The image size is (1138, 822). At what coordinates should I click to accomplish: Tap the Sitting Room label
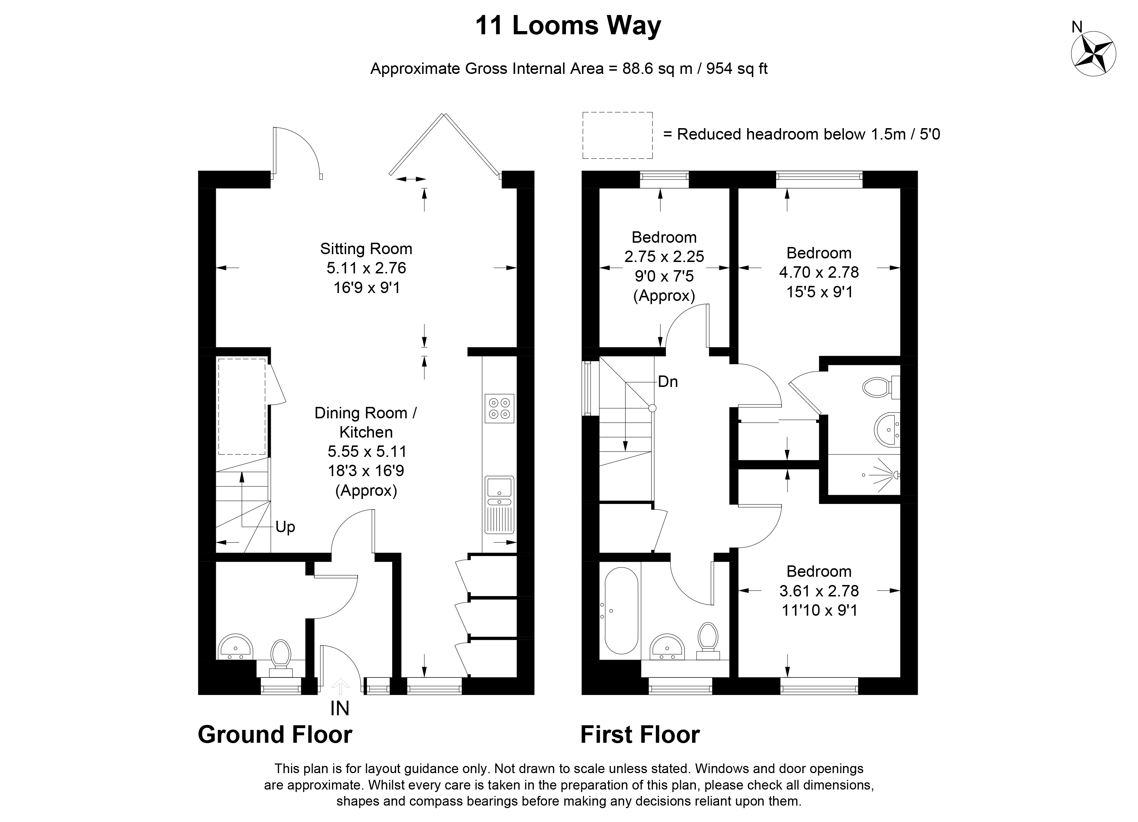(x=366, y=249)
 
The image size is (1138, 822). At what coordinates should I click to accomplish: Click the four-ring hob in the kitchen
(x=499, y=408)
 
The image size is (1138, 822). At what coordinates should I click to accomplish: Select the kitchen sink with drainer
(x=499, y=504)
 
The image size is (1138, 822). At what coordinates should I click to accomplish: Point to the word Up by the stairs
(x=285, y=527)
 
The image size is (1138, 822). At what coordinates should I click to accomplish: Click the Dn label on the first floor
(x=668, y=382)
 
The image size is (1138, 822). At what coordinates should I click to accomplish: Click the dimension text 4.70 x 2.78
(x=819, y=272)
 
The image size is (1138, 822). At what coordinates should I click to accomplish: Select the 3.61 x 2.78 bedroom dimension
(x=819, y=591)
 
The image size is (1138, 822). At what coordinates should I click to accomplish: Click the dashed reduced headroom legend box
(x=617, y=136)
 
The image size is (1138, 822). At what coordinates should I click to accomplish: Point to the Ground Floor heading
(x=275, y=735)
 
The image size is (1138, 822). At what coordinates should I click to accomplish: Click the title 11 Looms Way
(x=568, y=26)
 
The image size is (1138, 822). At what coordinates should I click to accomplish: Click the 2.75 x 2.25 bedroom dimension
(x=664, y=256)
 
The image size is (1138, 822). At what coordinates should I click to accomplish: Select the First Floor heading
(x=640, y=735)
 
